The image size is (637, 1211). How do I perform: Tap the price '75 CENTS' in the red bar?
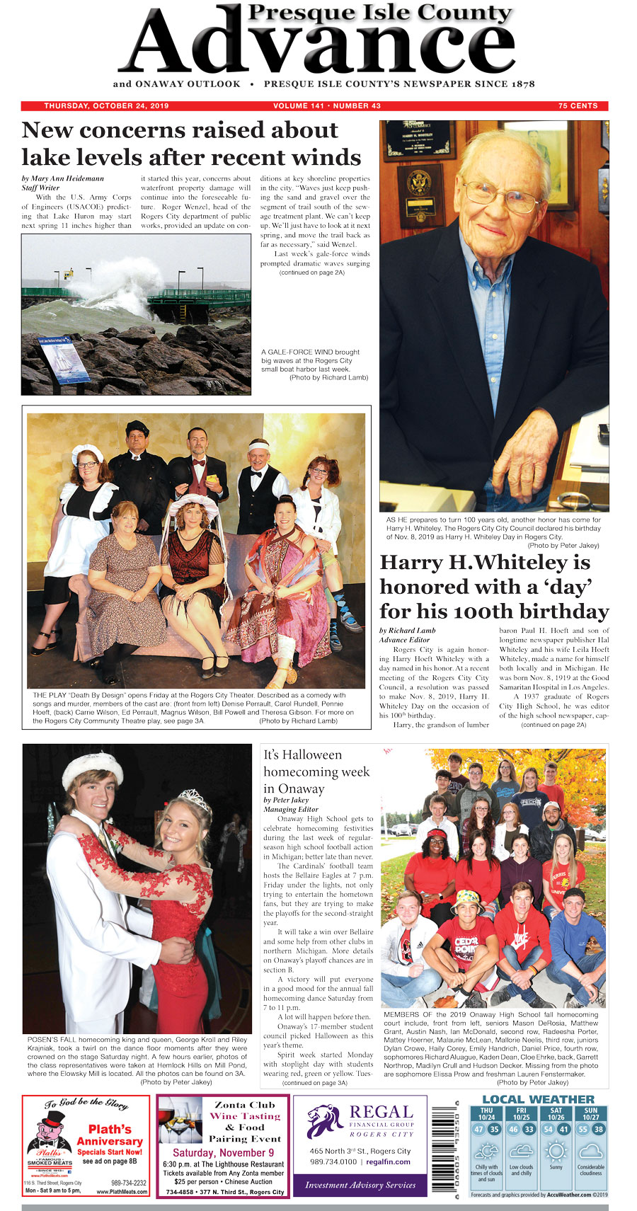click(x=578, y=106)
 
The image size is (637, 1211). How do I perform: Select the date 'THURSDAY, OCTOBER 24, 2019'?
click(x=106, y=106)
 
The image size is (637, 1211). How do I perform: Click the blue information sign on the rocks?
click(x=64, y=359)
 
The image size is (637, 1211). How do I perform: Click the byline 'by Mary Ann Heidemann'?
click(x=63, y=178)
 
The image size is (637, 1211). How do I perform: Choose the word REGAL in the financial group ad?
click(x=381, y=1112)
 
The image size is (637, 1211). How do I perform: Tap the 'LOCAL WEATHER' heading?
click(x=539, y=1099)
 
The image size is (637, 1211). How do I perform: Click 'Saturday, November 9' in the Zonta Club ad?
click(x=223, y=1153)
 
